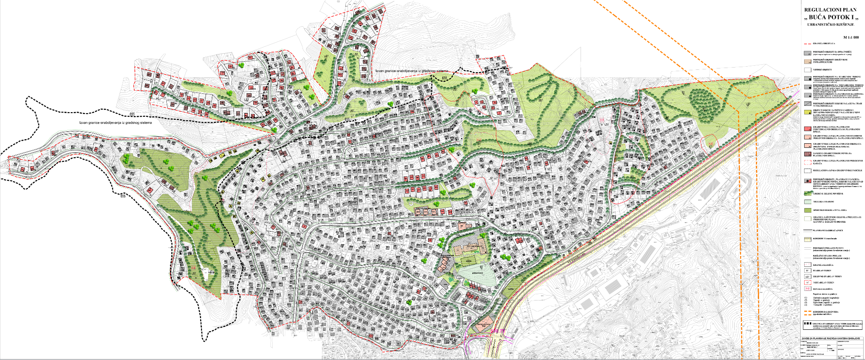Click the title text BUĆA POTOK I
[x=831, y=17]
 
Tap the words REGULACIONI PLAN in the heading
[x=830, y=9]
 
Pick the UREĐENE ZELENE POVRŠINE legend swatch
[x=807, y=193]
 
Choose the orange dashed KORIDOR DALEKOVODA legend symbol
[x=807, y=312]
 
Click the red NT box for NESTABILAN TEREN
[x=807, y=282]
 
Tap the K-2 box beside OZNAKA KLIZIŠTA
[x=807, y=288]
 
